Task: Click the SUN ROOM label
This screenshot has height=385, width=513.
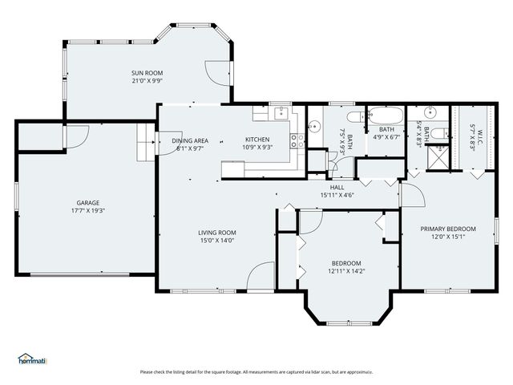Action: (147, 73)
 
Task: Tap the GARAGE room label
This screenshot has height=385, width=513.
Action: (88, 203)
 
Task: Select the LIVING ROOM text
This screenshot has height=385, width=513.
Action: (217, 233)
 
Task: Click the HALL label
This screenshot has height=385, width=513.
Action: (337, 187)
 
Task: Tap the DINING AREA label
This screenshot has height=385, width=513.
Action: (190, 140)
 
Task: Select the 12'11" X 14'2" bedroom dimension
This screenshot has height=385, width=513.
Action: (346, 271)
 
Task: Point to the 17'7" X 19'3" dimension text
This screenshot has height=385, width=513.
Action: (88, 211)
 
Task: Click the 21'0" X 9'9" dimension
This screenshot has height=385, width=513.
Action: (147, 81)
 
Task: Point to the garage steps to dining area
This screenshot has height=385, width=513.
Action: (145, 141)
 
